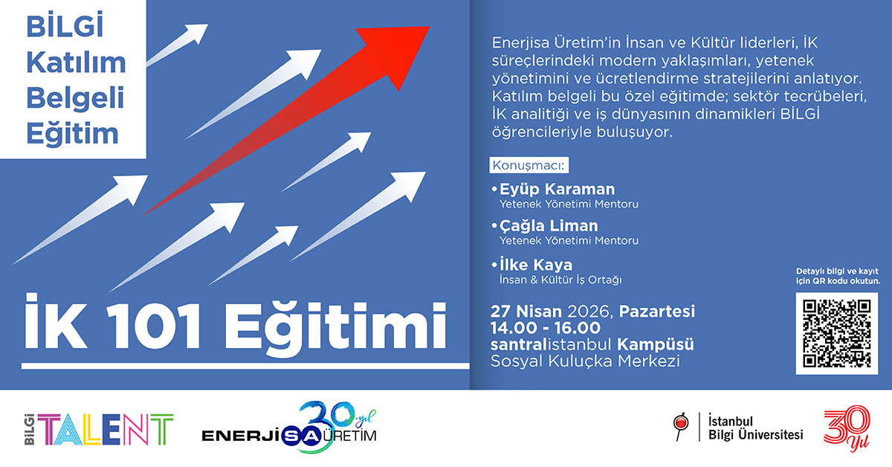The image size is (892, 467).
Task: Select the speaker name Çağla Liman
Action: [x=549, y=225]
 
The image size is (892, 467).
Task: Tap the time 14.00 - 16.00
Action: [x=545, y=326]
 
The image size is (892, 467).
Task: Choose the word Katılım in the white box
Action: [x=76, y=63]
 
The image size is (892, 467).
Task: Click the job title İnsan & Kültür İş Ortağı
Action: [x=560, y=280]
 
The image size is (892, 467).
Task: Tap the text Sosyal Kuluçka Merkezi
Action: [x=584, y=362]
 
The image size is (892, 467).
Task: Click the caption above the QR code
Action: [x=837, y=277]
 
